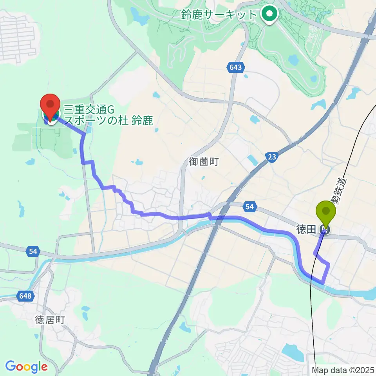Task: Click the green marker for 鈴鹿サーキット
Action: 270,15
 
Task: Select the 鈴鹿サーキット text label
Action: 219,15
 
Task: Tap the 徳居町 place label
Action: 49,320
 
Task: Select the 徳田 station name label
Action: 306,230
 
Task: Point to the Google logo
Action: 26,367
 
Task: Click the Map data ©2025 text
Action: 343,370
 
